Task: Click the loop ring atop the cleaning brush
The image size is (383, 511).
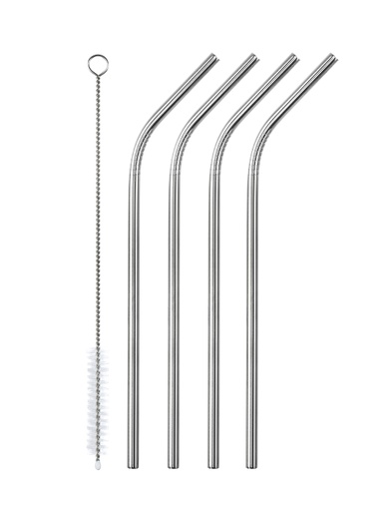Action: coord(98,65)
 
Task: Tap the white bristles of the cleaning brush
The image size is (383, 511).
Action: coord(98,399)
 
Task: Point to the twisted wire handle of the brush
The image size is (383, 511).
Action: coord(98,220)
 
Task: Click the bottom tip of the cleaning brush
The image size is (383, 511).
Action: coord(98,464)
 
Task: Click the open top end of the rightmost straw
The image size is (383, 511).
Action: coord(331,59)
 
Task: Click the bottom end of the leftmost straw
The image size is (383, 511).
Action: coord(133,464)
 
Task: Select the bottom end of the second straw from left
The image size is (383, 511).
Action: coord(173,464)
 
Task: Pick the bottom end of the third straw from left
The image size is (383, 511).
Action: coord(212,464)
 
